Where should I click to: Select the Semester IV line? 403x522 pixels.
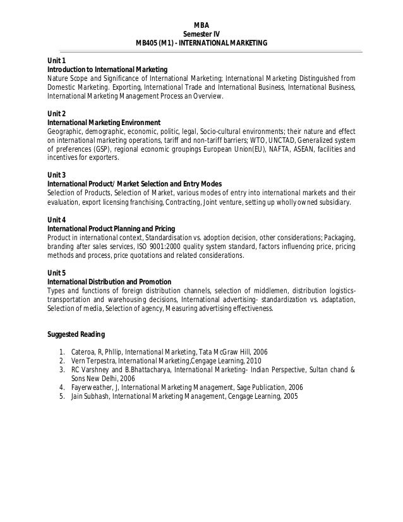coord(201,33)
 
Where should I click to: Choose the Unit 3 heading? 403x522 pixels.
coord(57,174)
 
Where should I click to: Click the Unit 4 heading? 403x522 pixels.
coord(57,219)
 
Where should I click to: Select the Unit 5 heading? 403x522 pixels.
coord(57,272)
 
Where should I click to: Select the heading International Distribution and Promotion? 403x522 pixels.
coord(109,281)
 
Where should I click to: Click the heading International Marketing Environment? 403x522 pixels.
coord(104,122)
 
